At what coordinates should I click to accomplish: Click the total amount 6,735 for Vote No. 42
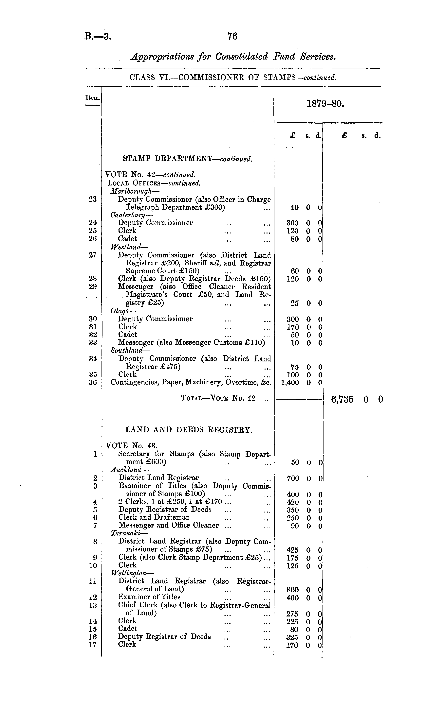pos(342,399)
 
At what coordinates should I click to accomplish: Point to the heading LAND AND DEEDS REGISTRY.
pos(189,430)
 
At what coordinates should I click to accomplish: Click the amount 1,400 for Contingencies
pos(290,383)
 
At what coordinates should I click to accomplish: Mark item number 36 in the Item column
pos(93,382)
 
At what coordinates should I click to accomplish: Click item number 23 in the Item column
pos(93,199)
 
